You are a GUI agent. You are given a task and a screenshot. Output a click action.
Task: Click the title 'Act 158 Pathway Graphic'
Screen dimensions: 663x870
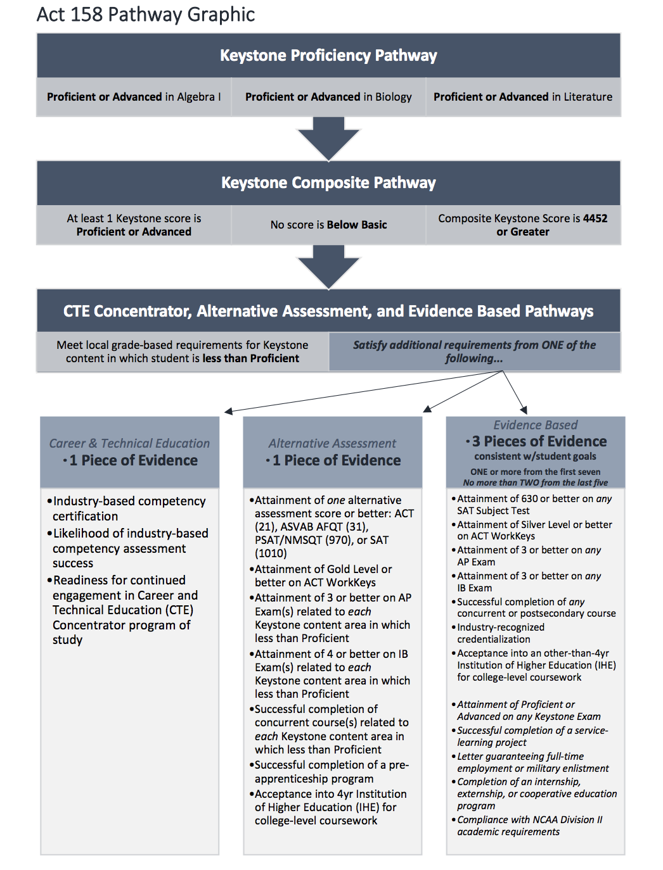[146, 15]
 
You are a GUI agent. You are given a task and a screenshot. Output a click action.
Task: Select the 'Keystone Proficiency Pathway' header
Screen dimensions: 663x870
[328, 56]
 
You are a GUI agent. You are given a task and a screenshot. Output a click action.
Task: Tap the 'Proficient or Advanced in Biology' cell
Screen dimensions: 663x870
[328, 97]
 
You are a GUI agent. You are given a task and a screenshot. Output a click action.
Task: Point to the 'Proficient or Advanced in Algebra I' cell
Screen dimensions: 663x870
[134, 97]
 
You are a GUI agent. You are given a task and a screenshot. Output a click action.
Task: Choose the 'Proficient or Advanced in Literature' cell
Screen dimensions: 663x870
[523, 97]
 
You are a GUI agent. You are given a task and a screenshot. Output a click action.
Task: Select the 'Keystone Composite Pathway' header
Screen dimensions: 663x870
[328, 183]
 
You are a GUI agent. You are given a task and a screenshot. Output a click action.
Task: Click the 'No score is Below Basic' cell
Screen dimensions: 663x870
[328, 225]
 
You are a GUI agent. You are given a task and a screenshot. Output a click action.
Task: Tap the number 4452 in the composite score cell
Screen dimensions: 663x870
[595, 218]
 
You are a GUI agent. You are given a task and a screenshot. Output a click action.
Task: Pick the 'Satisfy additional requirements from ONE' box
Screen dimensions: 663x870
[475, 351]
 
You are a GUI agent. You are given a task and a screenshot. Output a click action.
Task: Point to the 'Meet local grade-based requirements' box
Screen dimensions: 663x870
[183, 351]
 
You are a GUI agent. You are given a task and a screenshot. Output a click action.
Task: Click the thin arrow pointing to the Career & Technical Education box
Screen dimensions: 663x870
[363, 391]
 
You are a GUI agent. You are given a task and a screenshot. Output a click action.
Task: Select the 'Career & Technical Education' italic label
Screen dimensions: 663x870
[129, 443]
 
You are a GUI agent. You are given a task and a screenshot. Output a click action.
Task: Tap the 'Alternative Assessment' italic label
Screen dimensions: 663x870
[333, 443]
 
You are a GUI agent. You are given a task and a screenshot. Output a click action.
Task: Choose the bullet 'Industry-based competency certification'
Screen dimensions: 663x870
[126, 508]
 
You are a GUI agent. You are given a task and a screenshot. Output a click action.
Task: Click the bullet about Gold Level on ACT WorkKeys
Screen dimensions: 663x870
[321, 576]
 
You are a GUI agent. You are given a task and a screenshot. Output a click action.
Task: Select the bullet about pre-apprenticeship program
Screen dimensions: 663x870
[330, 771]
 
